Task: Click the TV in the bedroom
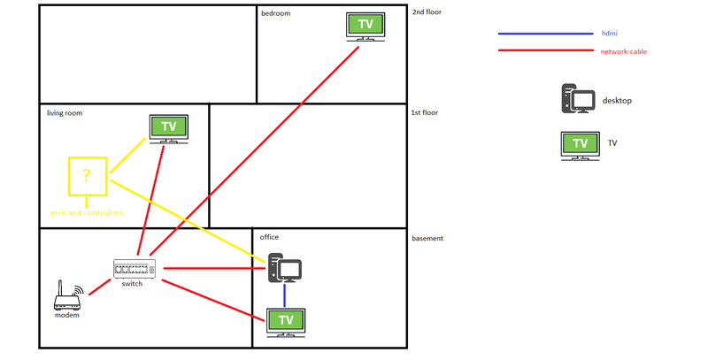(366, 25)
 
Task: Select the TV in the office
(285, 320)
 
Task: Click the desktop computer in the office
(285, 269)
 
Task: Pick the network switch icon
(135, 268)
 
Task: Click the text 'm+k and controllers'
(86, 213)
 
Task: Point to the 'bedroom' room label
(275, 13)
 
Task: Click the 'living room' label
(65, 112)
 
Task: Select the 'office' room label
(269, 237)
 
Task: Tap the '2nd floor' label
(427, 12)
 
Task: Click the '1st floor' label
(426, 112)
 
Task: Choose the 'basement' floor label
(427, 238)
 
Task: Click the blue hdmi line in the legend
(543, 34)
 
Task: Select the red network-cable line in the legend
(543, 50)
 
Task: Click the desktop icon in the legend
(578, 99)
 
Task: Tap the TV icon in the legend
(580, 144)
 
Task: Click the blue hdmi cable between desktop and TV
(285, 295)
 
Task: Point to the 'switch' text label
(132, 284)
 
